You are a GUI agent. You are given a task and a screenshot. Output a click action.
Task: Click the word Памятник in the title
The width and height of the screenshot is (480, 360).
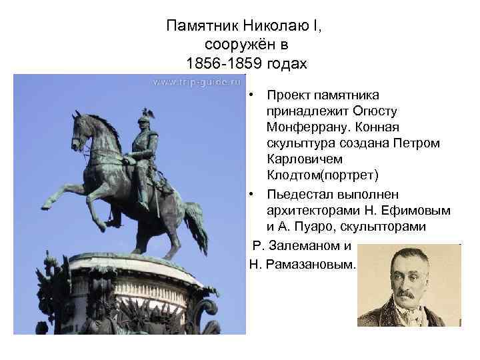(x=198, y=27)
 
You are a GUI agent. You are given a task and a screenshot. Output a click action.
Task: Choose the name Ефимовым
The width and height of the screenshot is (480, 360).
(x=419, y=211)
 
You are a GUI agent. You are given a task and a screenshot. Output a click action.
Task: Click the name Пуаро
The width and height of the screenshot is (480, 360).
(x=321, y=227)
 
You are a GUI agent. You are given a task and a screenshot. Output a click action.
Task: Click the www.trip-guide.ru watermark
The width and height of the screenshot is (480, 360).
(x=196, y=83)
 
